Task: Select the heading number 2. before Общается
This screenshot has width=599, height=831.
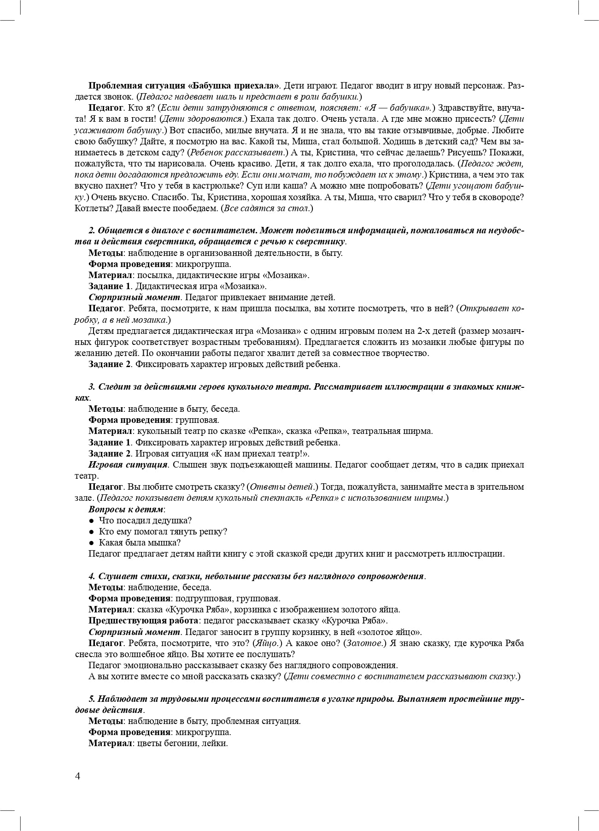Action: pyautogui.click(x=92, y=231)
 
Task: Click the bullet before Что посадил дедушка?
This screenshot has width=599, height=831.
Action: pyautogui.click(x=92, y=521)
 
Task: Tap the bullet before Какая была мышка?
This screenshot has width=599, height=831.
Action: pyautogui.click(x=92, y=543)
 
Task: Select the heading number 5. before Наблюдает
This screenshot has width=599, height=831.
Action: pyautogui.click(x=92, y=699)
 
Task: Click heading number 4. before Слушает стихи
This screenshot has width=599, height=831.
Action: pyautogui.click(x=92, y=576)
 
